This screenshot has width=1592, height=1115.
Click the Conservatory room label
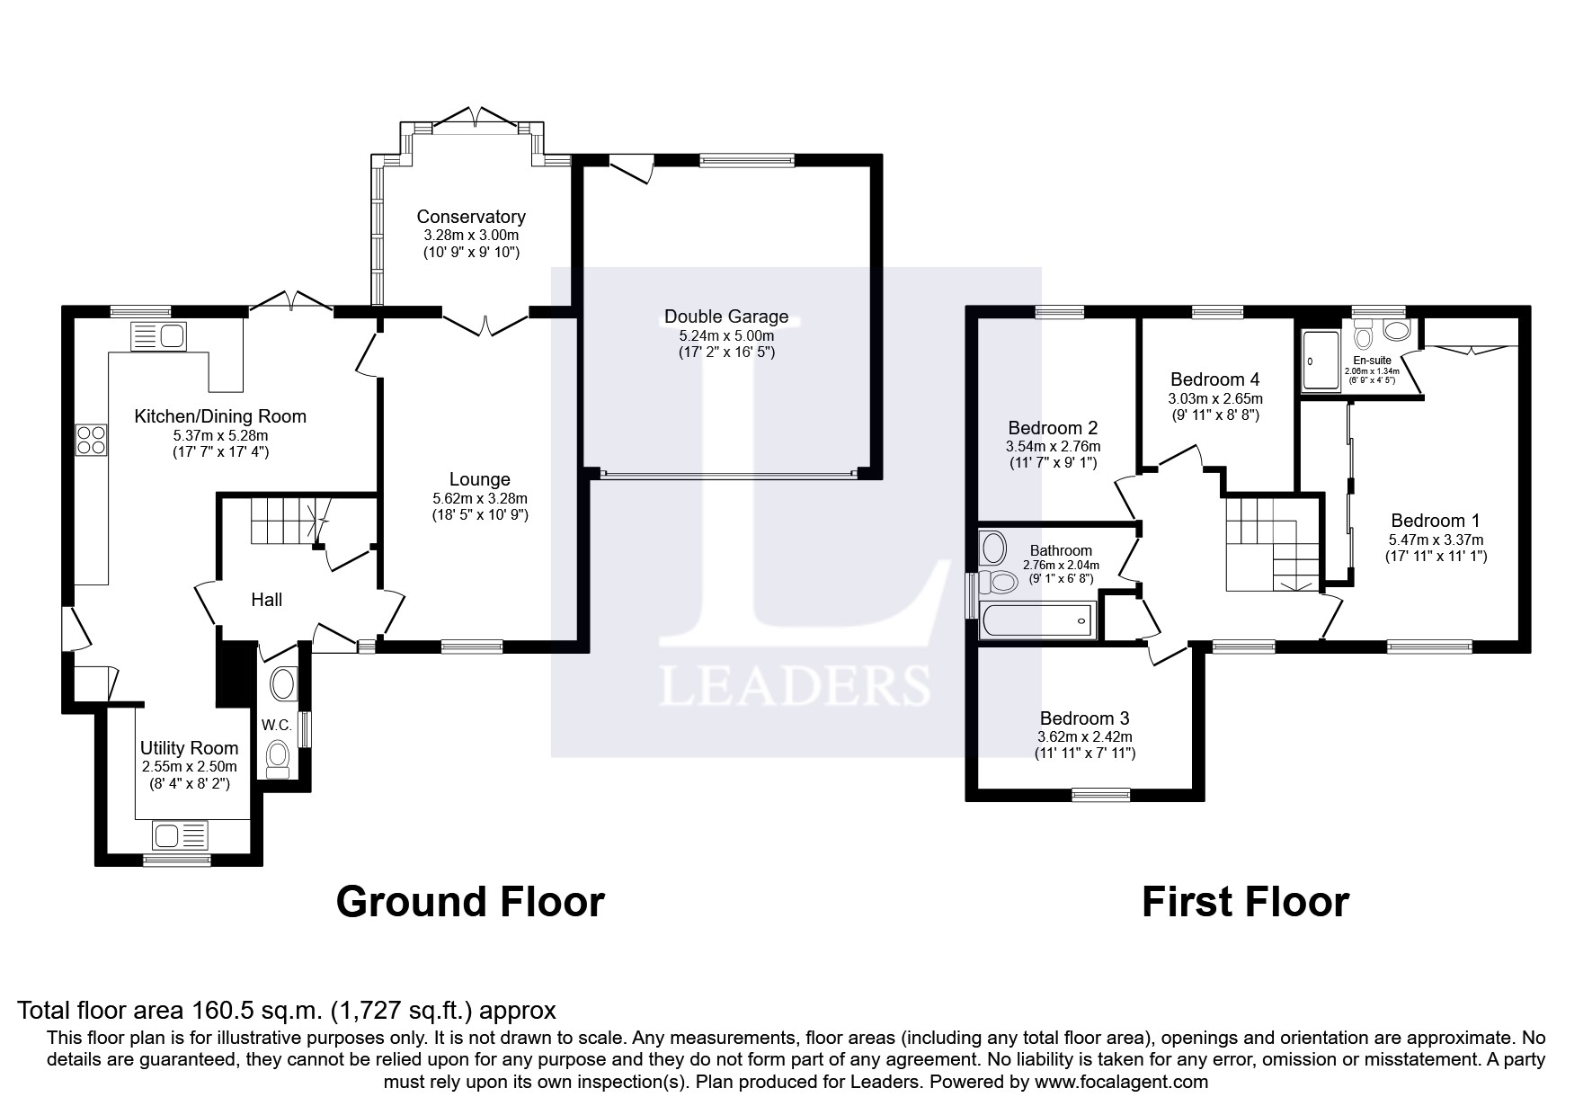[470, 217]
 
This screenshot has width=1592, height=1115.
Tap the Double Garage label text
[725, 317]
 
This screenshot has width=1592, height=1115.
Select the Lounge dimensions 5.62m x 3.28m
[479, 498]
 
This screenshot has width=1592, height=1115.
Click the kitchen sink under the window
[158, 336]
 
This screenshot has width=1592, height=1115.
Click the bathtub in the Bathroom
[1036, 620]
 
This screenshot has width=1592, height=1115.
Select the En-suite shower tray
[1321, 361]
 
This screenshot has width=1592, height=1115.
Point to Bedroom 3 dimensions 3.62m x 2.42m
[1084, 736]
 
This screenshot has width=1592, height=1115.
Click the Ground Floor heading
[469, 902]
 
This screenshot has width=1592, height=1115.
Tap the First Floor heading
[1244, 902]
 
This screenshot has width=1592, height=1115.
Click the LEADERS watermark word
[795, 686]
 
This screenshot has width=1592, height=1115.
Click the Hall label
[266, 599]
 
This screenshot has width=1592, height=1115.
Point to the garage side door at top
[630, 168]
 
